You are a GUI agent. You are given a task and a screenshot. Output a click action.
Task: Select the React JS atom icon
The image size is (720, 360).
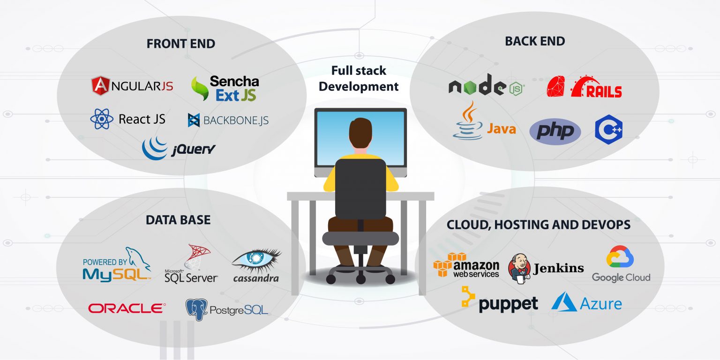(x=102, y=119)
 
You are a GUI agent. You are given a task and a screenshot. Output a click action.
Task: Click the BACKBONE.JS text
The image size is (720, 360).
(x=236, y=120)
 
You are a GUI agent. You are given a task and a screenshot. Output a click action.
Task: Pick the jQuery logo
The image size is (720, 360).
(x=179, y=148)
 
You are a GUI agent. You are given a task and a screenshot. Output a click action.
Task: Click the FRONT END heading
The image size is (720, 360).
(x=180, y=44)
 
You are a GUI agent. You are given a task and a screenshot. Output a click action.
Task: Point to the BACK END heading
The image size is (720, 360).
(x=534, y=41)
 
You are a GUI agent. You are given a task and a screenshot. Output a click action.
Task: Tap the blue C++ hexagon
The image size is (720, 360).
(x=608, y=129)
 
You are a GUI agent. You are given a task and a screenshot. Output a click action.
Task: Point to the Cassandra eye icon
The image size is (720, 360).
(x=256, y=260)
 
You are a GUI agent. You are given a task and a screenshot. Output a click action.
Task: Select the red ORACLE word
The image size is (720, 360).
(x=127, y=308)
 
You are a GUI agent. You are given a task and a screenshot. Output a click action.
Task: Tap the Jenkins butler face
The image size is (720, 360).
(x=519, y=267)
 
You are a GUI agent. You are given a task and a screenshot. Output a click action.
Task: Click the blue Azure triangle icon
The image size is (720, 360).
(x=564, y=302)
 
